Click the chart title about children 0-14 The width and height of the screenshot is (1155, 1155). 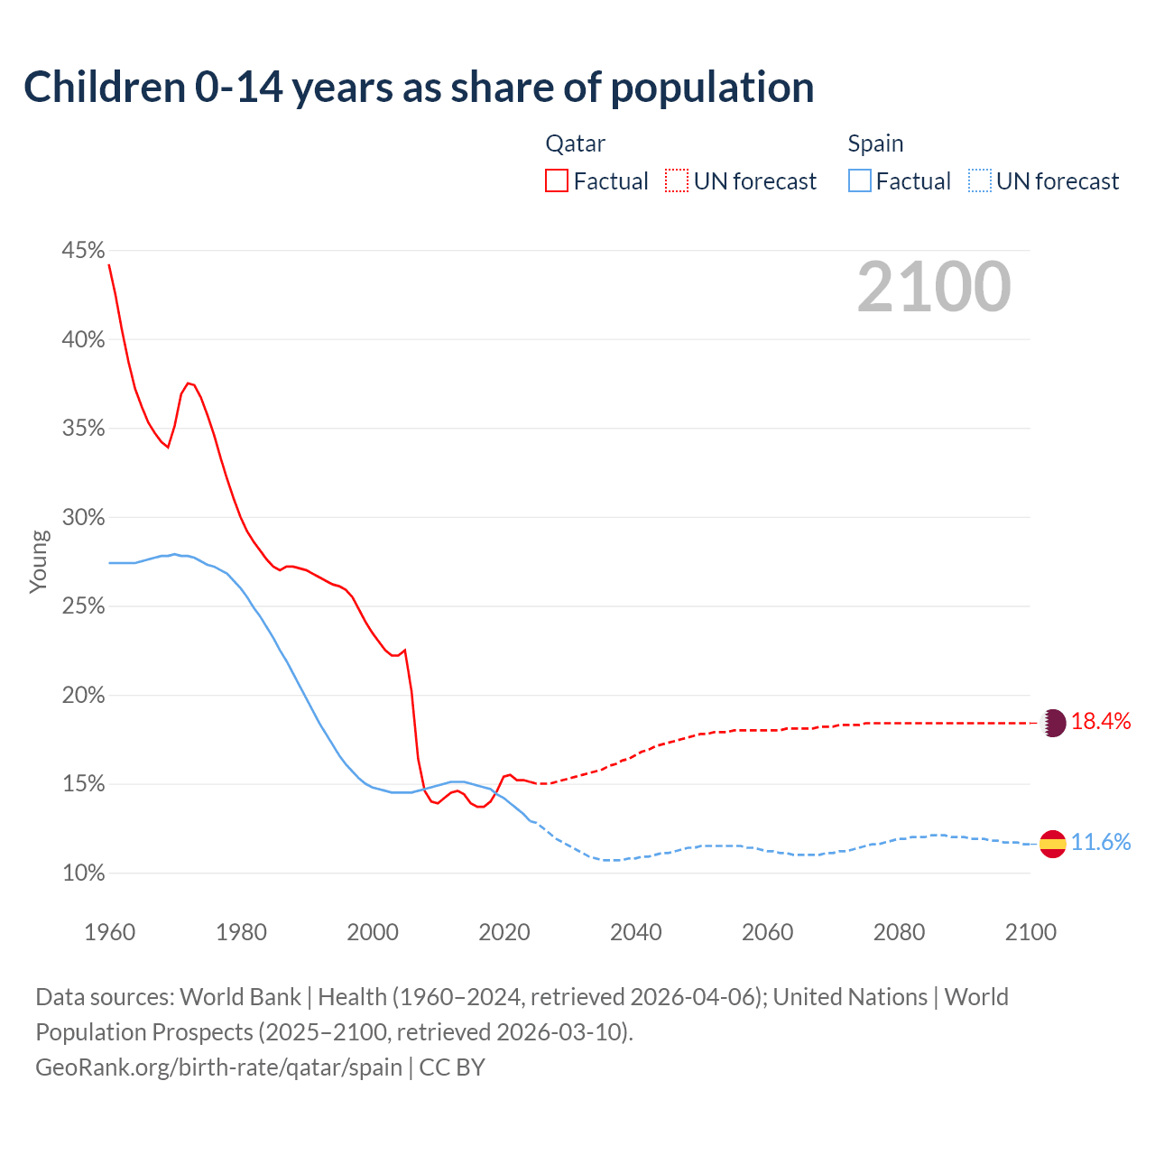[x=419, y=88]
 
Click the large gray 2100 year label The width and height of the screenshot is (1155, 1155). [x=934, y=287]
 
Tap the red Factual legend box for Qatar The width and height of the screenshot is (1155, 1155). [x=557, y=181]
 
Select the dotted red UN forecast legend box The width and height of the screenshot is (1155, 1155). [x=677, y=181]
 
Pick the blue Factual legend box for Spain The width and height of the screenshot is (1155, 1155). [x=860, y=181]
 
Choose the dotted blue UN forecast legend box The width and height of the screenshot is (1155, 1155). [x=980, y=181]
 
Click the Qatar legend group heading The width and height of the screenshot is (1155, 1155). [x=575, y=143]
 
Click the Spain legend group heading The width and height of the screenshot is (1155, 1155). [x=875, y=143]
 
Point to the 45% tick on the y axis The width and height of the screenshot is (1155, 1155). [x=83, y=251]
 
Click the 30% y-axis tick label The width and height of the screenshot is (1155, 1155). [x=83, y=518]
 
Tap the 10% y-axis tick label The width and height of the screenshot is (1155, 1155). [x=83, y=873]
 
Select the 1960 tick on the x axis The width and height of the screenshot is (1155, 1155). [x=109, y=932]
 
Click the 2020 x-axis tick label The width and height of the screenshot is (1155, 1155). [x=504, y=932]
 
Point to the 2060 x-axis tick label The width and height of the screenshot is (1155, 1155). [x=767, y=932]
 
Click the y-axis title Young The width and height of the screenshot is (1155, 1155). [x=39, y=561]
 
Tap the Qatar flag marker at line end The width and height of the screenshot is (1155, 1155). [x=1053, y=723]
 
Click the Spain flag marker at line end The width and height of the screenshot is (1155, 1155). [x=1053, y=844]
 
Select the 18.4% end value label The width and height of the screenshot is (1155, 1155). [x=1101, y=722]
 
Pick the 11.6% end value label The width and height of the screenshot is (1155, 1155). [x=1101, y=843]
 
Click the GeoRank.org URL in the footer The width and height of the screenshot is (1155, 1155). [x=218, y=1067]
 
